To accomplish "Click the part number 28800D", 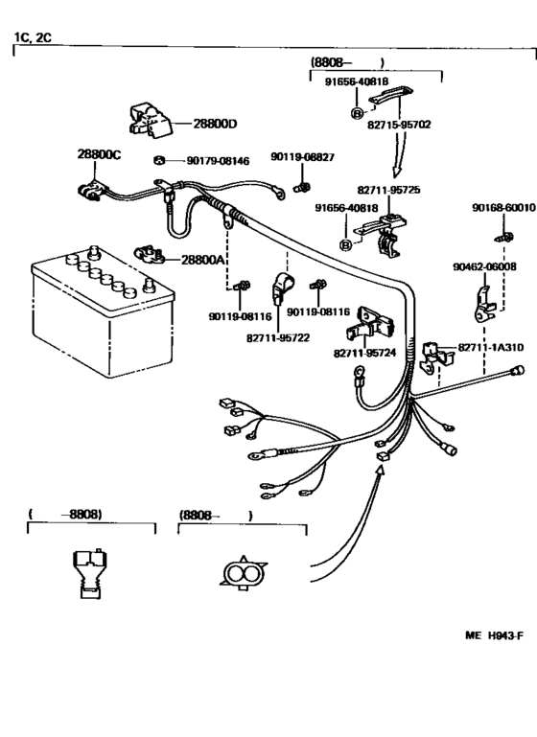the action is coord(215,124).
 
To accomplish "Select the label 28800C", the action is coord(99,154).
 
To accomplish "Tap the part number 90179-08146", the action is coord(219,161).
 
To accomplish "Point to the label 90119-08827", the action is coord(302,156).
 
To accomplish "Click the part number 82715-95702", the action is coord(399,125).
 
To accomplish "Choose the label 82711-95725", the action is coord(389,190).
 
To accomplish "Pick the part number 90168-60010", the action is coord(503,207).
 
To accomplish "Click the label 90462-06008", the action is coord(484,266).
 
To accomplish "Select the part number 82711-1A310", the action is coord(491,347).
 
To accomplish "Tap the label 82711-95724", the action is coord(365,353).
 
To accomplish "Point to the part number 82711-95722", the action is coord(278,338).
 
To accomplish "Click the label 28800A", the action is coord(202,260).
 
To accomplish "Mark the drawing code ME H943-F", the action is coord(494,635).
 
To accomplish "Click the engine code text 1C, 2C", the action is coord(33,37).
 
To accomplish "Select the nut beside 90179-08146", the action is coord(159,160).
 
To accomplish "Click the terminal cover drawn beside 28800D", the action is coord(150,121).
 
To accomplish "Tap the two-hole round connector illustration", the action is coord(244,573).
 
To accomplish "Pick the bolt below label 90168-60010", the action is coord(504,237).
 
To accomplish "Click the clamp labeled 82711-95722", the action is coord(283,288).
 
